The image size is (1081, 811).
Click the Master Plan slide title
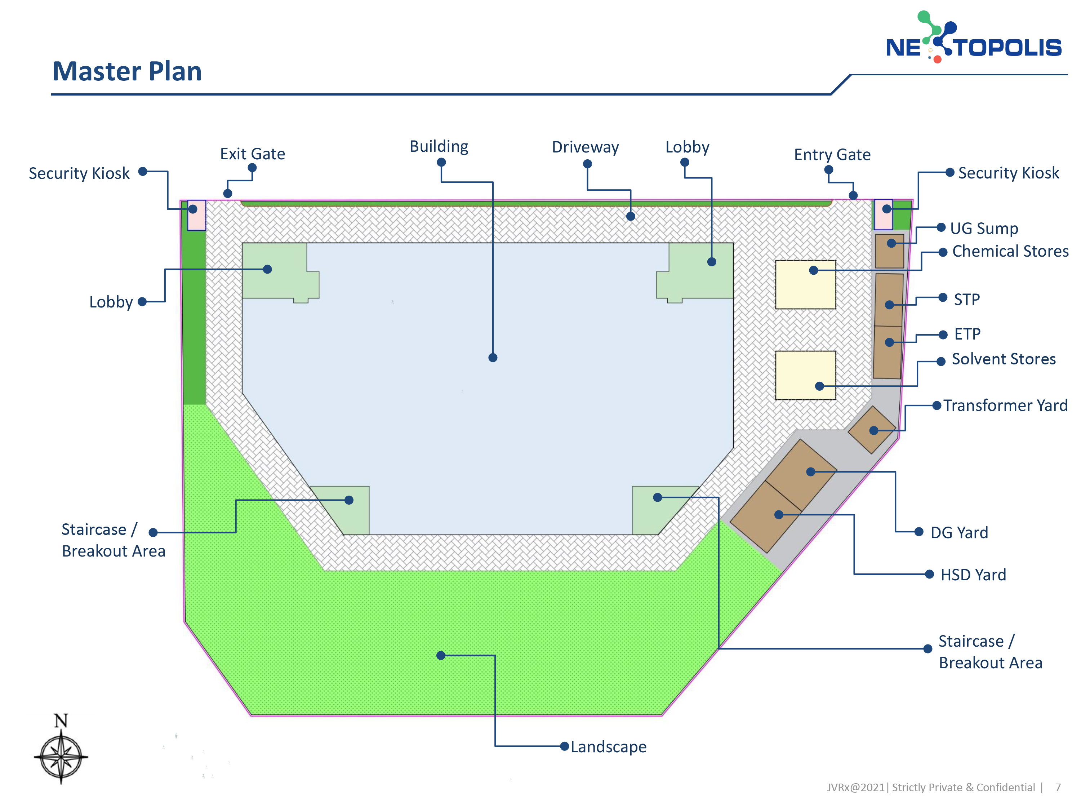pyautogui.click(x=127, y=71)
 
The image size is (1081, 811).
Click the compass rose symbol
pyautogui.click(x=61, y=755)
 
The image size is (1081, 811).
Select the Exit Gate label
pyautogui.click(x=252, y=154)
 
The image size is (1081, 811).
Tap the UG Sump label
pyautogui.click(x=984, y=228)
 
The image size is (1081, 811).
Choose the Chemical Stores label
pyautogui.click(x=1010, y=251)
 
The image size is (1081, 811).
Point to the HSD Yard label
pyautogui.click(x=973, y=575)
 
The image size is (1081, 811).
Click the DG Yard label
pyautogui.click(x=959, y=532)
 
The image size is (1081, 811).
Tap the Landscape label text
pyautogui.click(x=609, y=746)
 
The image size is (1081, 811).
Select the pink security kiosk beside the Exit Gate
pyautogui.click(x=196, y=215)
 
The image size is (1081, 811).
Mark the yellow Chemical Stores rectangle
pyautogui.click(x=805, y=284)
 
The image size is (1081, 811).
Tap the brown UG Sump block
pyautogui.click(x=889, y=251)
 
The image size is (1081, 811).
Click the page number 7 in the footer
pyautogui.click(x=1058, y=787)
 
